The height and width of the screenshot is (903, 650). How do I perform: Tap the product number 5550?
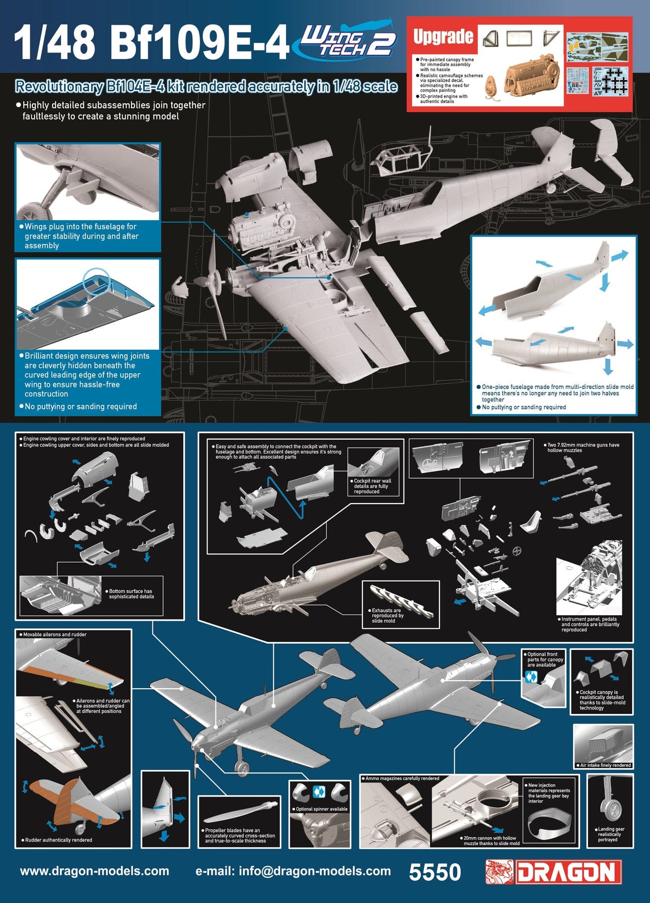435,872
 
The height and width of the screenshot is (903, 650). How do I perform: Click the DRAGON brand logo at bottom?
554,872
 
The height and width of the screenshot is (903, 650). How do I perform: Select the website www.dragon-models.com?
94,871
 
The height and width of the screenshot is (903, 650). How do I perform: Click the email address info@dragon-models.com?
293,871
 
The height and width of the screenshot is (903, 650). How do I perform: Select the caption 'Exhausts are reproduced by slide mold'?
387,615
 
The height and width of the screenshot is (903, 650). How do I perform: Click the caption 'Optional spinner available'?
321,809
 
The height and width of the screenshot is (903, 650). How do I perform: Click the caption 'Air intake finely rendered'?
604,765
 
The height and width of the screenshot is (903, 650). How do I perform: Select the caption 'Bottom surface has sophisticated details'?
131,593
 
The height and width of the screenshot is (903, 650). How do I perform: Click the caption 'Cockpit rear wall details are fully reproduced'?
372,486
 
